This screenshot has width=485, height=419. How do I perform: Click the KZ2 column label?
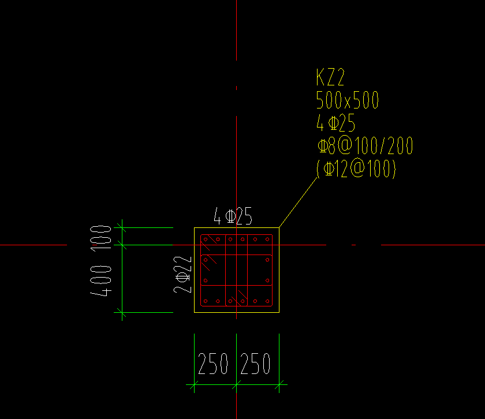pos(331,77)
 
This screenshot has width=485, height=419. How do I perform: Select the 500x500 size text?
pos(348,100)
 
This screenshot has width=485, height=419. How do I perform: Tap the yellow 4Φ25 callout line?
pos(335,123)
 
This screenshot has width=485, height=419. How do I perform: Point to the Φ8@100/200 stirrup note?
pos(365,146)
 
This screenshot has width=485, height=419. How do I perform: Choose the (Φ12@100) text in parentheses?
pos(356,169)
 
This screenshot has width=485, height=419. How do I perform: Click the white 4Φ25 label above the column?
pos(233,217)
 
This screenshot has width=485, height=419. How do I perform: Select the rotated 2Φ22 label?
pos(184,274)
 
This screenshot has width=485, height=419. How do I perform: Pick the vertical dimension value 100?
pos(102,237)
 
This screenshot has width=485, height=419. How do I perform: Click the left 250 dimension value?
pos(213,364)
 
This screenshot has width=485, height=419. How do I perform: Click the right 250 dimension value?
pos(255,364)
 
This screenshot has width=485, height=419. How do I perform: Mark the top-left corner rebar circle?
pos(205,239)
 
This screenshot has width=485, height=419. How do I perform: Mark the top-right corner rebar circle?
pos(268,239)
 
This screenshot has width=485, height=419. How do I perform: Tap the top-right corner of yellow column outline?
pos(279,228)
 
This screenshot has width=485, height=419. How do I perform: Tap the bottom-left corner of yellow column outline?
pos(194,313)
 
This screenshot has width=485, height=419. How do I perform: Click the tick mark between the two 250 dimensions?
pos(237,384)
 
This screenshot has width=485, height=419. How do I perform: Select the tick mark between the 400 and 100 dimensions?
pos(121,245)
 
